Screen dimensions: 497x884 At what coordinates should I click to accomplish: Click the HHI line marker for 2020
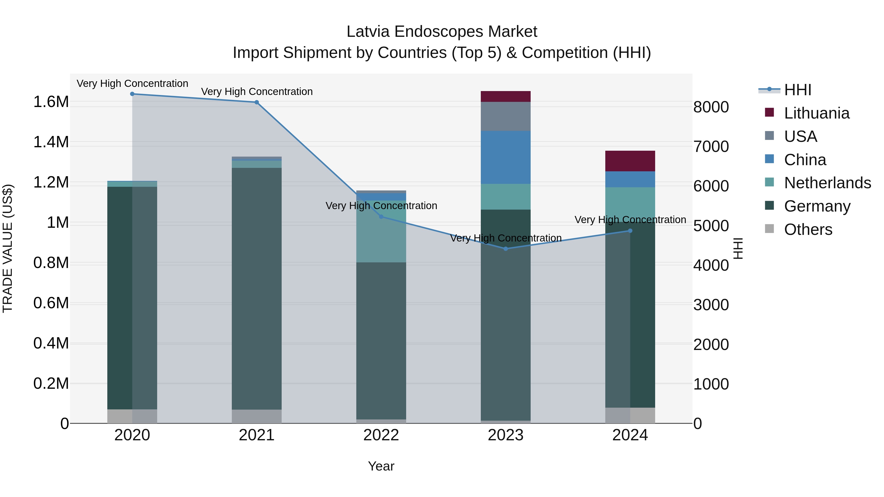point(132,94)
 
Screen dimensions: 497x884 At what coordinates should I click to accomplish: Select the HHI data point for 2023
point(506,249)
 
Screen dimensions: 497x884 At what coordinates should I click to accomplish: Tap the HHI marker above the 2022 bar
point(381,217)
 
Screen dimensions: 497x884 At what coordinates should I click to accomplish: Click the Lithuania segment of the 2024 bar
point(630,161)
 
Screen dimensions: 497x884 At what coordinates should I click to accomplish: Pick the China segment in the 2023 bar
point(506,157)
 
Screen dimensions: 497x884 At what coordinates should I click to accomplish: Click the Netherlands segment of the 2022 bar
point(381,237)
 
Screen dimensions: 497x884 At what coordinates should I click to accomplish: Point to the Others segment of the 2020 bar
point(132,416)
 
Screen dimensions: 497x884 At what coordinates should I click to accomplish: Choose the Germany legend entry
point(817,206)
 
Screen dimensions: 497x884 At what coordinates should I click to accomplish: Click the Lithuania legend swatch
point(769,112)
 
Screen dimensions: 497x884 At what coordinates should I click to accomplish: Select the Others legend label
point(808,229)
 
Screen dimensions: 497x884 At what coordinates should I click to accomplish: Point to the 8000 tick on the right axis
point(711,107)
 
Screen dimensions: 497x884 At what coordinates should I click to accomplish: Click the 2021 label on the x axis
point(257,435)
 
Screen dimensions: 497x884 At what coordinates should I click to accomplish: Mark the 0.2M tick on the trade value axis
point(51,383)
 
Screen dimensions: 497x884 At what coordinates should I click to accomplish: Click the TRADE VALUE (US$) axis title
point(8,248)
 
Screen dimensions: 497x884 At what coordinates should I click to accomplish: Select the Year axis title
point(381,466)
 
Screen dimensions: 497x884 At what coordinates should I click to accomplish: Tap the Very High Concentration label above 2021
point(257,92)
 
